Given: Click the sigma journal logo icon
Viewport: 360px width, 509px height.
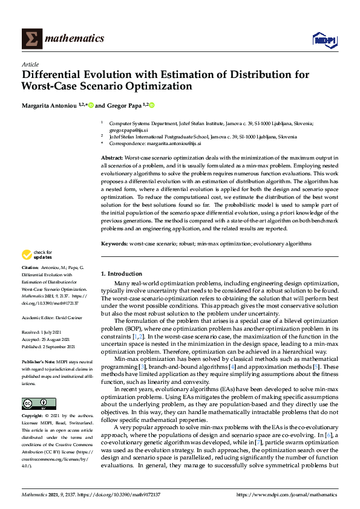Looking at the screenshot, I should [31, 39].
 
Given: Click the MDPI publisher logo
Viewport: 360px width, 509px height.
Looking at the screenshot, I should [324, 40].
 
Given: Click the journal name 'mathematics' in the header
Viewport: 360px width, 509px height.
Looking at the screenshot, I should [75, 39].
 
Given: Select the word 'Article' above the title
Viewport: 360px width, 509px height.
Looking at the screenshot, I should [30, 64].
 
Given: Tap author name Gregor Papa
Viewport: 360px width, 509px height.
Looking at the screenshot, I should [122, 105].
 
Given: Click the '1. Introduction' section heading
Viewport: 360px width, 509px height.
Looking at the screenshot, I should [121, 274].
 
